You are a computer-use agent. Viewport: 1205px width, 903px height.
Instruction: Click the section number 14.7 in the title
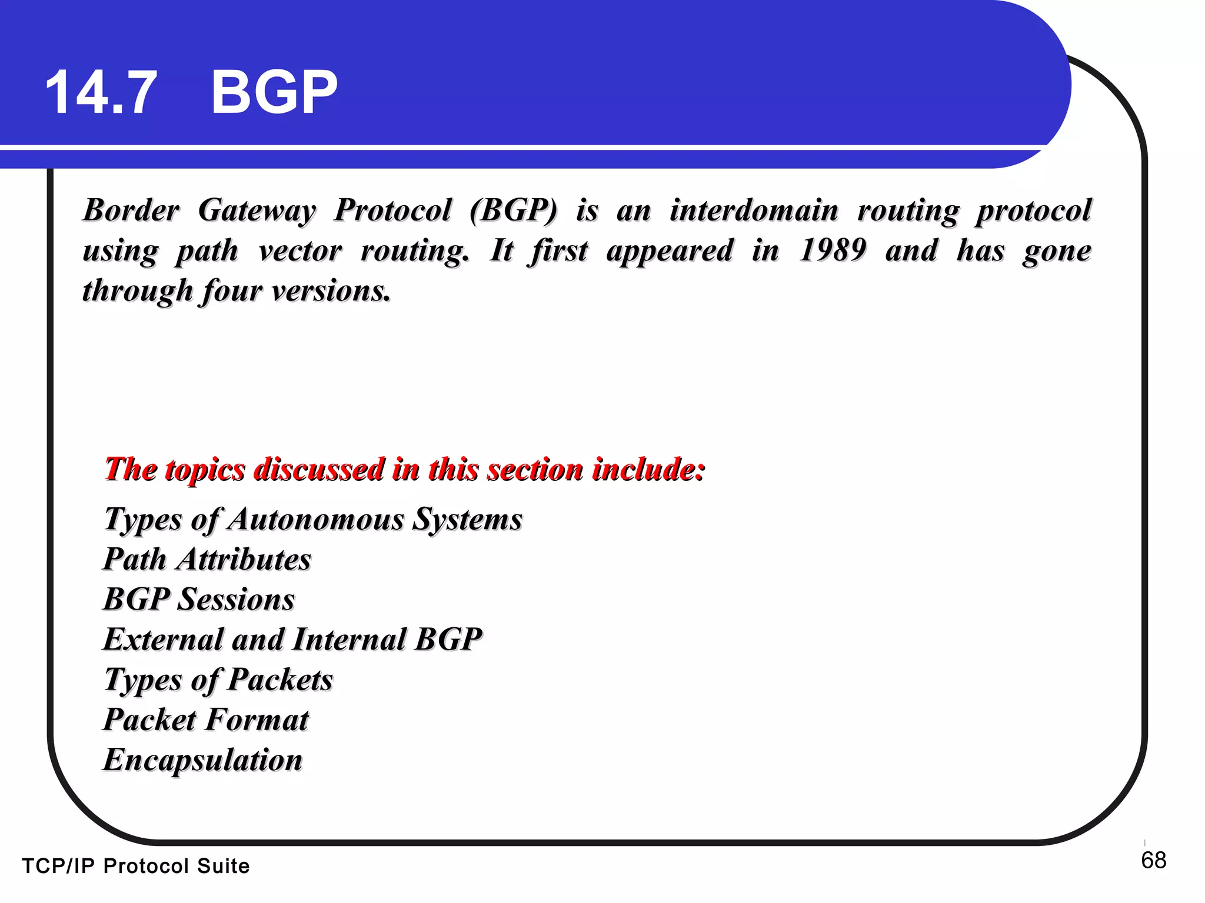[x=101, y=92]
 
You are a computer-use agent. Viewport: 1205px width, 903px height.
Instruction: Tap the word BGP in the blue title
[x=274, y=92]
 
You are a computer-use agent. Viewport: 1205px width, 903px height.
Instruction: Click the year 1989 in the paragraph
[x=833, y=250]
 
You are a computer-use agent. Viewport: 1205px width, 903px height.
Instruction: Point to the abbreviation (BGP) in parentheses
[x=514, y=210]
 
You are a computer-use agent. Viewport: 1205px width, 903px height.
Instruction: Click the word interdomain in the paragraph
[x=754, y=210]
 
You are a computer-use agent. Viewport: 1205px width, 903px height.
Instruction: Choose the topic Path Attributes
[x=207, y=559]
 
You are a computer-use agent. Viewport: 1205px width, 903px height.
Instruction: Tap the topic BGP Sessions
[x=199, y=600]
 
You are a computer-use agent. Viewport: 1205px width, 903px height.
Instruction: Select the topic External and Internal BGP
[x=292, y=640]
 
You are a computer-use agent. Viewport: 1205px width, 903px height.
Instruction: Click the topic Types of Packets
[x=218, y=680]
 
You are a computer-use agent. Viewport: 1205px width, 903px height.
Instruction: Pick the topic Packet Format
[x=206, y=720]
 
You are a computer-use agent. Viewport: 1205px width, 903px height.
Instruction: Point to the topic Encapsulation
[x=203, y=760]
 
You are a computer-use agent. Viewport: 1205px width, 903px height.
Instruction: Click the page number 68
[x=1153, y=861]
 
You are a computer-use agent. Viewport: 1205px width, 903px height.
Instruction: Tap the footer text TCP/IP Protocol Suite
[x=136, y=866]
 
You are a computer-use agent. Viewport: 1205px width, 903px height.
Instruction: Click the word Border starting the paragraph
[x=131, y=210]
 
